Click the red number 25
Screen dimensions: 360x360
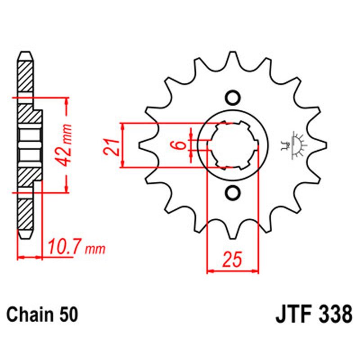point(233,260)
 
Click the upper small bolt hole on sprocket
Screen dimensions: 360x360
point(233,98)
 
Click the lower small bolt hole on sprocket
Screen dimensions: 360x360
point(233,193)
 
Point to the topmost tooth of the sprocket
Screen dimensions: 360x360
point(233,58)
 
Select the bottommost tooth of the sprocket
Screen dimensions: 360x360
point(233,232)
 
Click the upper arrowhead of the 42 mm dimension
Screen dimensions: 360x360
point(67,101)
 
